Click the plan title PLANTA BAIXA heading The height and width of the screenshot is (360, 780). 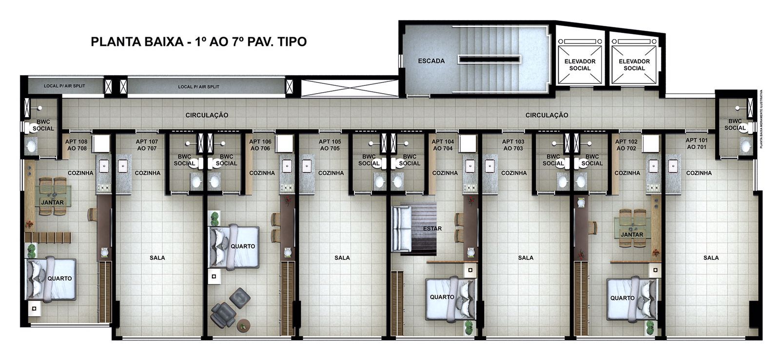tap(198, 42)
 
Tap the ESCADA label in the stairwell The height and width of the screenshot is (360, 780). tap(431, 61)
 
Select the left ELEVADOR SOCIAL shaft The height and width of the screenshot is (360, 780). tap(580, 64)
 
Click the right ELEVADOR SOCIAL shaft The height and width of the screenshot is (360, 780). tap(634, 64)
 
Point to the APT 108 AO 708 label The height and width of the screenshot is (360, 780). tap(76, 145)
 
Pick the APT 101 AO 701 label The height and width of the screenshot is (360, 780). tap(697, 143)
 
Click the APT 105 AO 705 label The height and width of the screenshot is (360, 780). tap(330, 145)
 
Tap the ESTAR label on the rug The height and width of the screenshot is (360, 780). tap(432, 228)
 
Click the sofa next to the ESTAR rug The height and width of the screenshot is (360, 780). tap(401, 228)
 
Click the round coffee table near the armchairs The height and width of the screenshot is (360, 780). tap(242, 326)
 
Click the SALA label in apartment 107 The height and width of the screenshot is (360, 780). tap(157, 258)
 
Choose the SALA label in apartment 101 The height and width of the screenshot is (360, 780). tap(711, 258)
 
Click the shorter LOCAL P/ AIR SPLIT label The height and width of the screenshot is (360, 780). tap(64, 86)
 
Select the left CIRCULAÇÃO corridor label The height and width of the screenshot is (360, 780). tap(207, 115)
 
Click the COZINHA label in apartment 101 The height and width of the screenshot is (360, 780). tap(699, 173)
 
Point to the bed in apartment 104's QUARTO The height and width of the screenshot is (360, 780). tap(449, 299)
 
